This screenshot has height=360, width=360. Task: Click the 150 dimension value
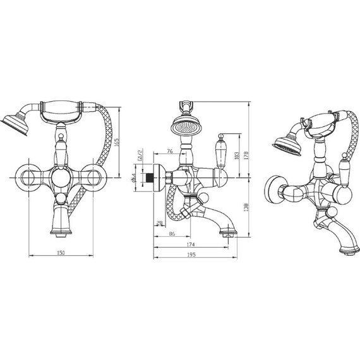click(61, 253)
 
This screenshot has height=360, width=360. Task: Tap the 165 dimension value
click(116, 143)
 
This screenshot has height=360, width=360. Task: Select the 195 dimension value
click(191, 255)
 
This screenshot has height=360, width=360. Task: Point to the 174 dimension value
click(191, 244)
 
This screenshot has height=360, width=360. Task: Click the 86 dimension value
click(172, 234)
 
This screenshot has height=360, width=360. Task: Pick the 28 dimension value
click(159, 222)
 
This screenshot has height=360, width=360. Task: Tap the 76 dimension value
click(170, 151)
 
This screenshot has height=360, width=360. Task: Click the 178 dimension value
click(246, 155)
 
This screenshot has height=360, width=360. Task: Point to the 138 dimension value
click(246, 208)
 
